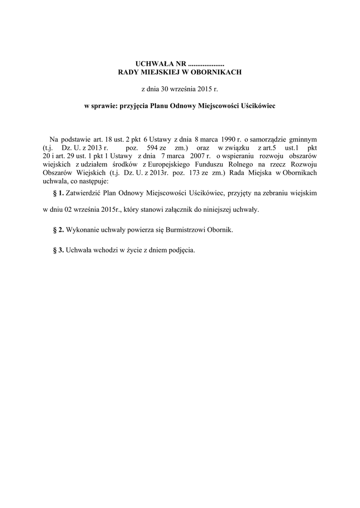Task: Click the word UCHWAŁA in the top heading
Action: click(x=152, y=64)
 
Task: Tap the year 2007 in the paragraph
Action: click(x=193, y=156)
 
